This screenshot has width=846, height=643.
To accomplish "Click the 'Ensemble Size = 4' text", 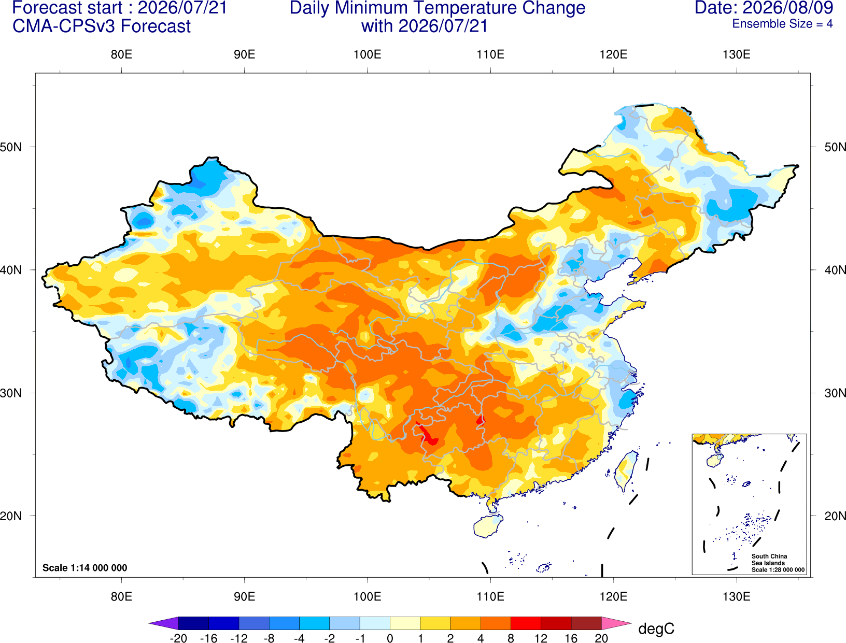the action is (782, 24).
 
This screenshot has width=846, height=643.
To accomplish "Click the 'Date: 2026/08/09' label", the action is (764, 8).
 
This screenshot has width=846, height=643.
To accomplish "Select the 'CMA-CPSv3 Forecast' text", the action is (102, 26).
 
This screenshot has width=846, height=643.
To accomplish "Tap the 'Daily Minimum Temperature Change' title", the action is (438, 8).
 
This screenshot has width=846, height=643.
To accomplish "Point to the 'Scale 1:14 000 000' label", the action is (85, 567).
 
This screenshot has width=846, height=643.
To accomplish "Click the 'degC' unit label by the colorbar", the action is (656, 628).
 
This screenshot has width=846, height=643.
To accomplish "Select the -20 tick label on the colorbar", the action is (178, 638).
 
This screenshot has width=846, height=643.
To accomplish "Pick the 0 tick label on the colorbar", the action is (390, 638).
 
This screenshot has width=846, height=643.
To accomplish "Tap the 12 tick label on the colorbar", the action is (541, 638).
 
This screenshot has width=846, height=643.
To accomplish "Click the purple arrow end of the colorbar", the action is (164, 623).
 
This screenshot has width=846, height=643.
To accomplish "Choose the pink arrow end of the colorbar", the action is (617, 623).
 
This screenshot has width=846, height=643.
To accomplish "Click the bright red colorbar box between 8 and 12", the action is (526, 623).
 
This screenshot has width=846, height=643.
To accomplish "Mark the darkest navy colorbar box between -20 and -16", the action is (193, 623).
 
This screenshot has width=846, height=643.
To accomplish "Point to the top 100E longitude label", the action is (368, 54).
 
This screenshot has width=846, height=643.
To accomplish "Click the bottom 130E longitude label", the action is (737, 597).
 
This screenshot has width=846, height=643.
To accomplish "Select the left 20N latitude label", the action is (11, 516).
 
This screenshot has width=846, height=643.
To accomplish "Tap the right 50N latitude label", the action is (835, 147).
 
